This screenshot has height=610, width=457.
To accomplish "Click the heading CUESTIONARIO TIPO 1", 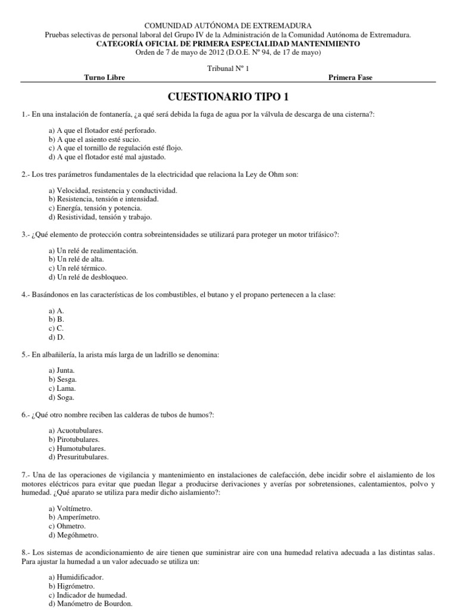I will point(228,97).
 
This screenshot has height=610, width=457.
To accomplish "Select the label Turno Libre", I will point(105,77).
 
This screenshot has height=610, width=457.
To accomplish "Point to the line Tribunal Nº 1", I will point(228,69).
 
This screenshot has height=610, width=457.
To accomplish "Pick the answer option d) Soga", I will point(62,397).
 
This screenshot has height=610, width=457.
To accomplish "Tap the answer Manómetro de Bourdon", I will point(90,604).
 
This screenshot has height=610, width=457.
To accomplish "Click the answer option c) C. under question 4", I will point(56,328).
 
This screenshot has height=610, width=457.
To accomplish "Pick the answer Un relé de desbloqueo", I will point(88,277).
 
